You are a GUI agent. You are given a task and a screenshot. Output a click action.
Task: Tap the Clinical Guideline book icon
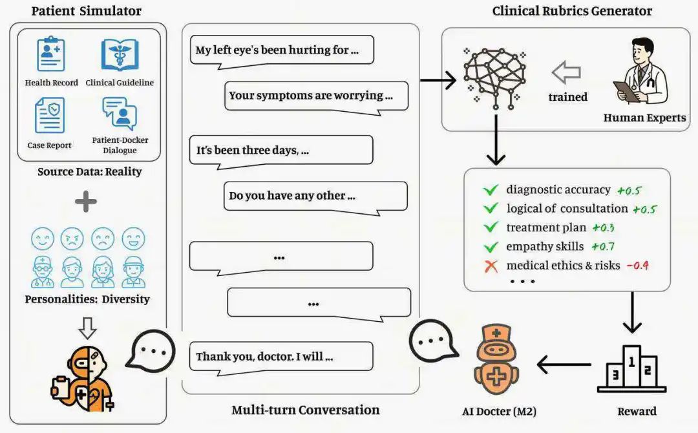(120, 56)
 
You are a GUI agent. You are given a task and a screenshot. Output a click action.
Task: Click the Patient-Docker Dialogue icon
(120, 114)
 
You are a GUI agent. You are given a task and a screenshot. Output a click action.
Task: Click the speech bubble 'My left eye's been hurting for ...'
(281, 50)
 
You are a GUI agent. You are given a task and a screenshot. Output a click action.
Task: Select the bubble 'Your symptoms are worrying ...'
(316, 96)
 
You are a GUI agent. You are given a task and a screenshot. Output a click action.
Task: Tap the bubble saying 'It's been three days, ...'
(281, 150)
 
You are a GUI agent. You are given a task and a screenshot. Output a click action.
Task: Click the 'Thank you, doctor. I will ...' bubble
(281, 356)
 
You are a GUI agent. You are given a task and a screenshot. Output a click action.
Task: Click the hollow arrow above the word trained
(566, 73)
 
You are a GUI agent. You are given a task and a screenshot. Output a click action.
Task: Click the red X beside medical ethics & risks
(491, 266)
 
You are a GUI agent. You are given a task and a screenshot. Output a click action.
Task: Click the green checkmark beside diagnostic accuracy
(491, 190)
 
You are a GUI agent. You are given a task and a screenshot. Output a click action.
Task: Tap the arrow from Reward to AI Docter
(564, 366)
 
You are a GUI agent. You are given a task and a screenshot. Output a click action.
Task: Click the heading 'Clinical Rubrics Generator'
(571, 11)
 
